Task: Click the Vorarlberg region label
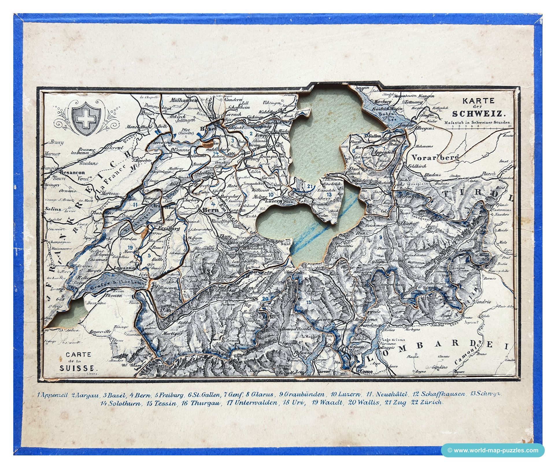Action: [x=435, y=158]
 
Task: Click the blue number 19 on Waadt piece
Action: [x=130, y=247]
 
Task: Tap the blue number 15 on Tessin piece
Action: [x=309, y=302]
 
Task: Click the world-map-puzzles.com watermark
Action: [x=493, y=450]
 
